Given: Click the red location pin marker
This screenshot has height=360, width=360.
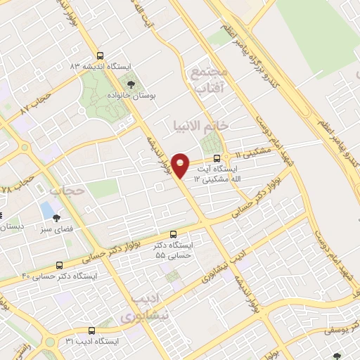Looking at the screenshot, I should pyautogui.click(x=181, y=165).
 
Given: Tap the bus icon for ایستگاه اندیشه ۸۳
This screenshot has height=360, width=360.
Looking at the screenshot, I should pyautogui.click(x=99, y=56).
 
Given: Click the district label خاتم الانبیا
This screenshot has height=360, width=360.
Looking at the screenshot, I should pyautogui.click(x=200, y=125).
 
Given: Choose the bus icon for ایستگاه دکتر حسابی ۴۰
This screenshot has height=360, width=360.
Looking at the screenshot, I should pyautogui.click(x=59, y=266).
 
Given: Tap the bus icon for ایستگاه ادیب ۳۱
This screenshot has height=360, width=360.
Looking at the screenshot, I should pyautogui.click(x=91, y=330).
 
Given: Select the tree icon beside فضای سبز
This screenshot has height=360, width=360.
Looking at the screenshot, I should pyautogui.click(x=56, y=217).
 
